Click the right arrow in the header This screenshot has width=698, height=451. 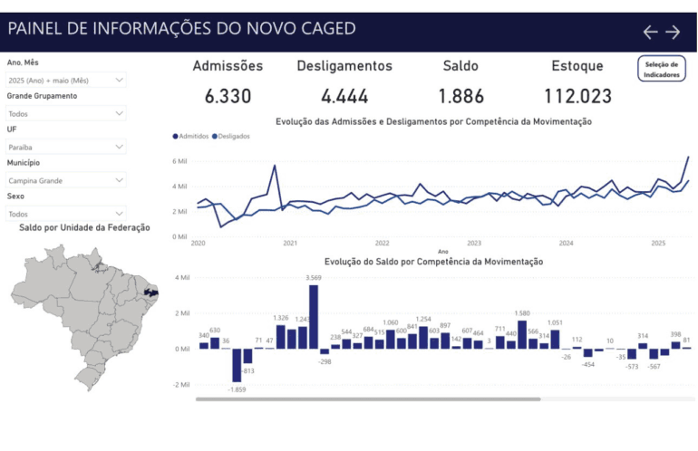(x=673, y=32)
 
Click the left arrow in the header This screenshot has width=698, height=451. (x=650, y=32)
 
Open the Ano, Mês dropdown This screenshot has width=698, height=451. (x=66, y=81)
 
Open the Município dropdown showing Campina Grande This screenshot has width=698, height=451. (x=66, y=180)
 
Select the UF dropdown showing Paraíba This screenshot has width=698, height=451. (x=66, y=147)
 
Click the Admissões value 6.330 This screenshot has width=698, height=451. (x=228, y=96)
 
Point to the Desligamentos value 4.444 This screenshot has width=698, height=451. (x=344, y=96)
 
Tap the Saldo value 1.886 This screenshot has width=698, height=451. (x=460, y=96)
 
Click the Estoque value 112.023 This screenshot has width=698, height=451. (x=577, y=96)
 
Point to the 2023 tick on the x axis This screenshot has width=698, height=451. (x=474, y=243)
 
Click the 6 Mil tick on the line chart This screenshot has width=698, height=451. (x=180, y=161)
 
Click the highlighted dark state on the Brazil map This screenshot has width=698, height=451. (x=151, y=293)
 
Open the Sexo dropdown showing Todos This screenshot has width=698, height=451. (x=66, y=214)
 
